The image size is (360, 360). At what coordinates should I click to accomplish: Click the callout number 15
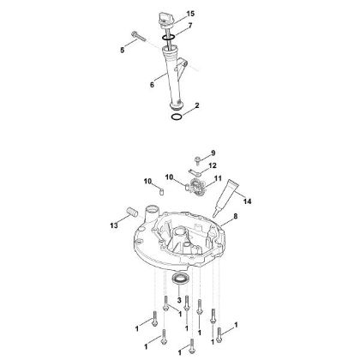pos(190,15)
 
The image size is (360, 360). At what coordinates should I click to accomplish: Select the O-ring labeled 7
pos(172,37)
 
